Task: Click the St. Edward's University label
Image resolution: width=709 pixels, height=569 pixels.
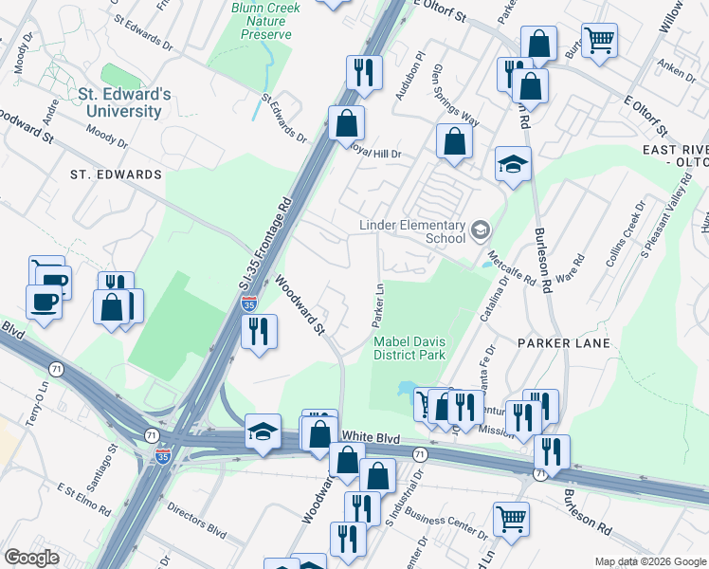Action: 125,102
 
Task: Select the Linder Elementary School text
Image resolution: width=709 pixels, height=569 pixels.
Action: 411,231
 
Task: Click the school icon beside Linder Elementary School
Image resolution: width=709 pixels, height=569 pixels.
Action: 481,229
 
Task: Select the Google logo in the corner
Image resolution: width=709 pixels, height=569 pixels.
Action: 31,558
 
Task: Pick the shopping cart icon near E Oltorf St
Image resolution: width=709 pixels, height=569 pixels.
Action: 599,40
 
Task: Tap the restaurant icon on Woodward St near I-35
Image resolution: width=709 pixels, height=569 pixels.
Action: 257,331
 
